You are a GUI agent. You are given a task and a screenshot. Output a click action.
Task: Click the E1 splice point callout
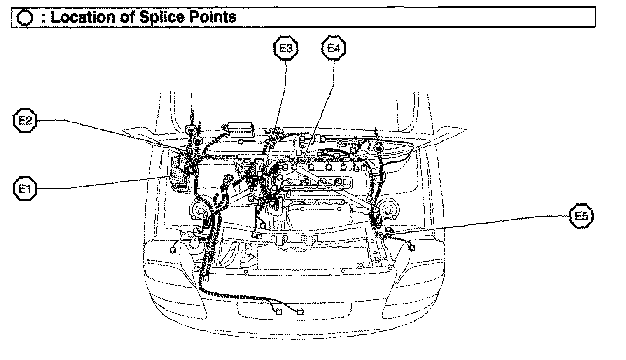[x=25, y=189]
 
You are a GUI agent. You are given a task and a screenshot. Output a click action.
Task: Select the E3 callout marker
[x=286, y=49]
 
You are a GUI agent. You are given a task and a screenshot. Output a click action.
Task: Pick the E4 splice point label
[x=333, y=49]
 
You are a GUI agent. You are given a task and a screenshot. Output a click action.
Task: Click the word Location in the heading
[x=83, y=17]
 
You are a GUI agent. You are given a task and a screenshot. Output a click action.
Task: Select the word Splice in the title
[x=163, y=17]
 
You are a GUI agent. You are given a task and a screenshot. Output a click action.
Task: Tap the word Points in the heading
[x=214, y=17]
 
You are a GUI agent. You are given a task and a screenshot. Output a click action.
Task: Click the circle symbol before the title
[x=26, y=17]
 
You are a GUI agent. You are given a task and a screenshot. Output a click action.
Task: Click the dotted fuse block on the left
[x=181, y=173]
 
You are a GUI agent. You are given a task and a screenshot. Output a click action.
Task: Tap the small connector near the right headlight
[x=411, y=248]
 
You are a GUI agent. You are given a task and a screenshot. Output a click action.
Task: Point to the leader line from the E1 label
[x=103, y=183]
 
